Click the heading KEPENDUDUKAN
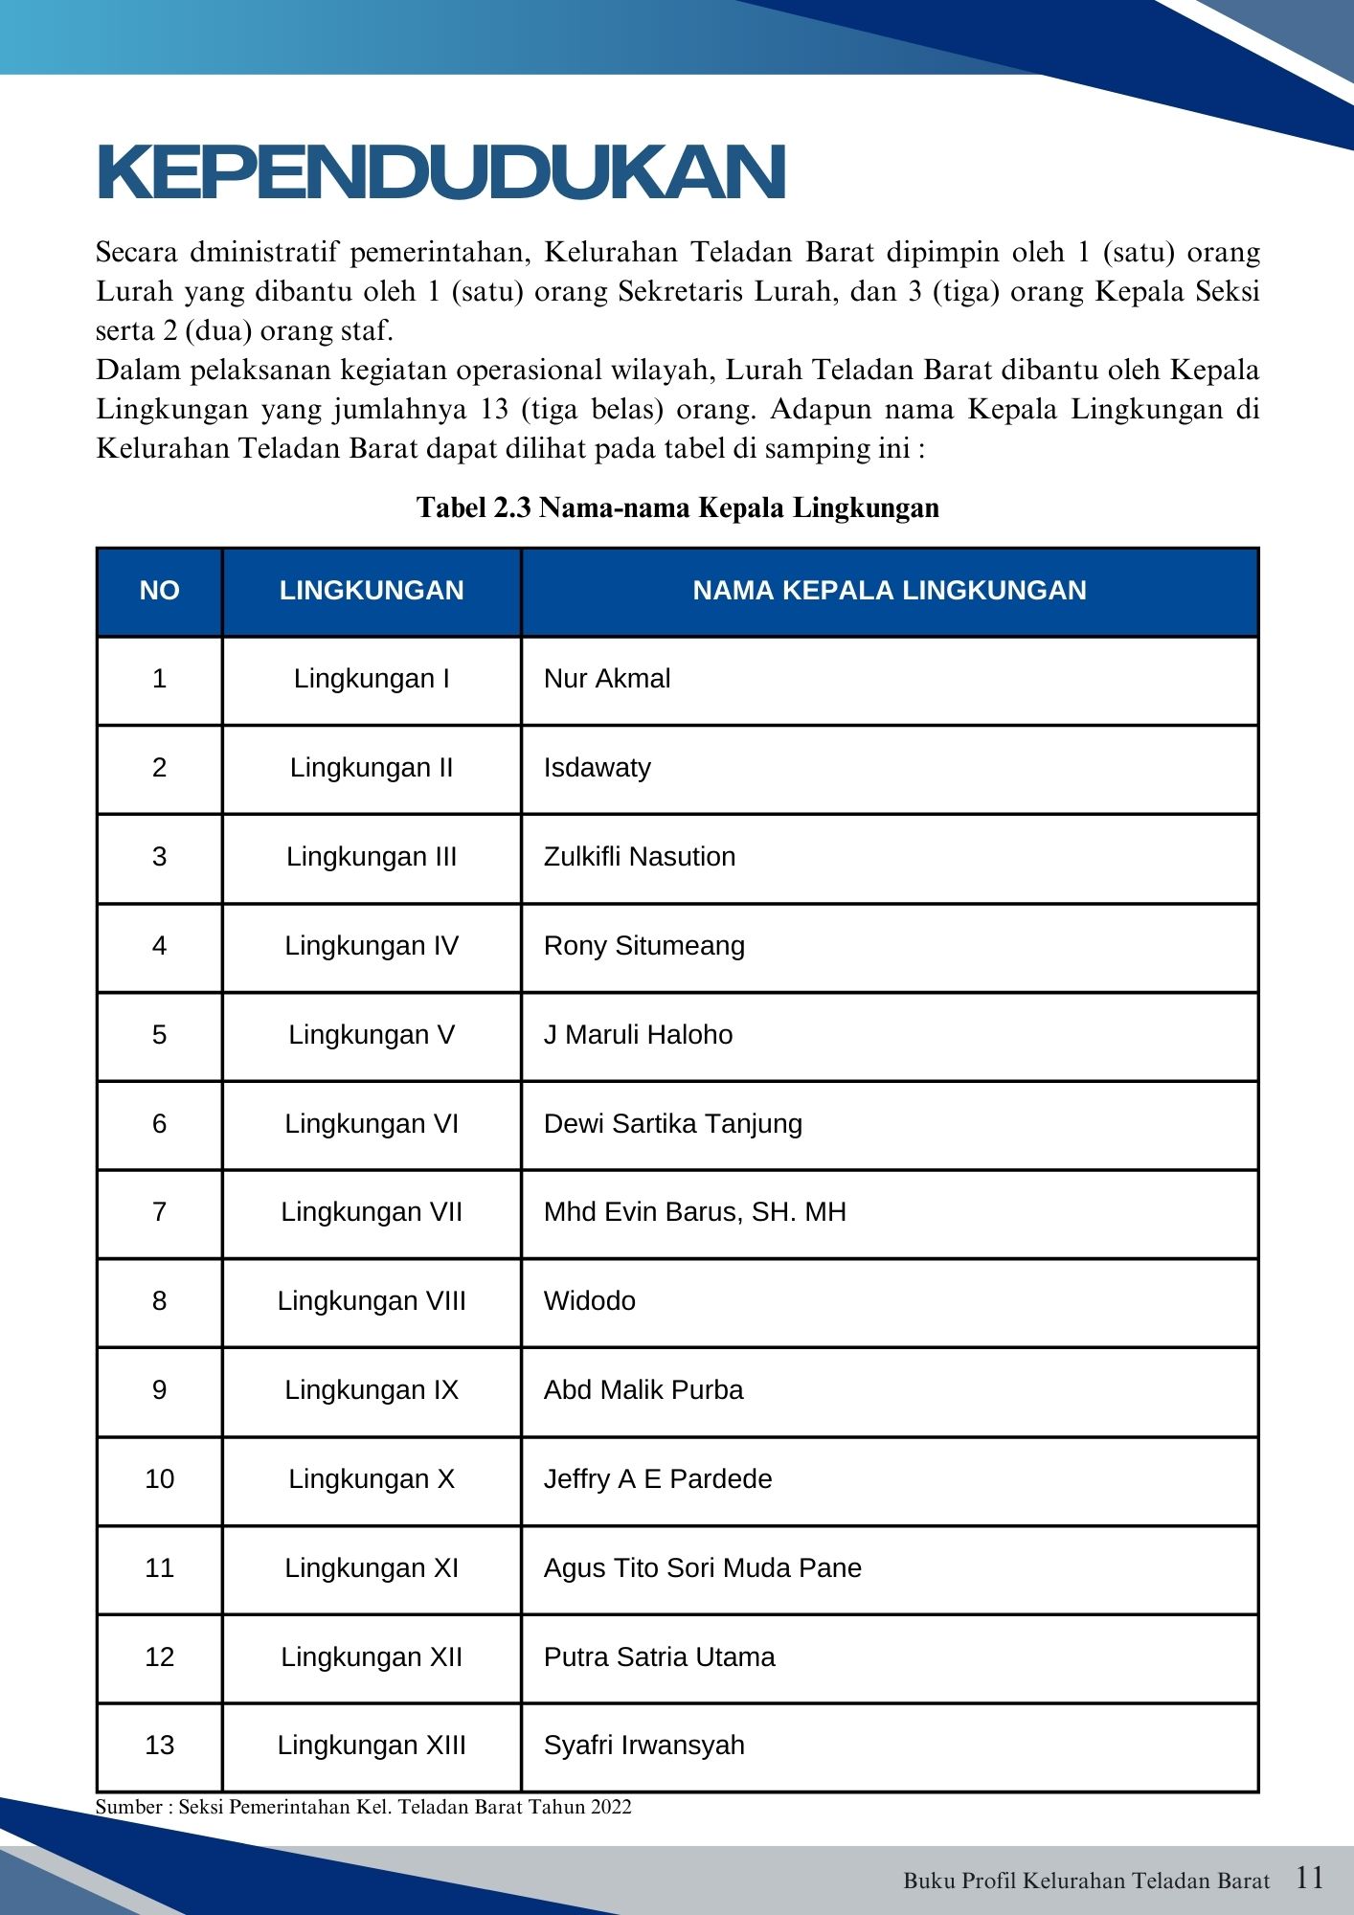pos(441,172)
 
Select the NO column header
pos(159,590)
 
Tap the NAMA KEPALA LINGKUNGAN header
pos(889,590)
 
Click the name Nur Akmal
pos(606,679)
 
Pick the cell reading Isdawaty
pos(597,768)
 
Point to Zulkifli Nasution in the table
pos(639,857)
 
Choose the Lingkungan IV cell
pos(372,946)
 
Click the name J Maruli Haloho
pos(638,1035)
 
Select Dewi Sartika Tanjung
pos(672,1124)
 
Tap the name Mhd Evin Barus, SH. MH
pos(694,1212)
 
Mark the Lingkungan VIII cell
pos(372,1301)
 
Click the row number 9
pos(159,1390)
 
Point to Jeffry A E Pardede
pos(657,1479)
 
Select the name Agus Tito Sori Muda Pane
pos(702,1568)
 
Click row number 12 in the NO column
pos(159,1657)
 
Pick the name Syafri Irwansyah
pos(643,1746)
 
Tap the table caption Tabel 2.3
pos(677,507)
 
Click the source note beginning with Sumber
pos(363,1807)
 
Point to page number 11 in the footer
pos(1309,1878)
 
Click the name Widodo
pos(589,1301)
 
